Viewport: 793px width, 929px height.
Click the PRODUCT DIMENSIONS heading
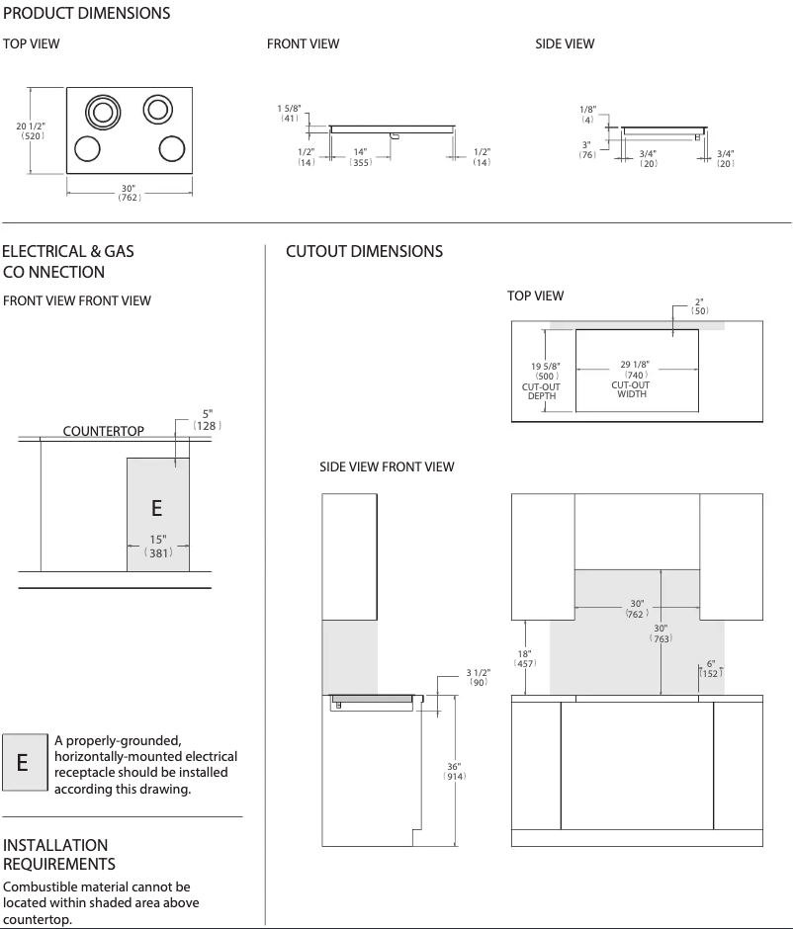click(86, 14)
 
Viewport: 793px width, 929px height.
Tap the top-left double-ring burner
click(100, 112)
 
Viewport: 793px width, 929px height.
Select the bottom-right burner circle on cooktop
click(172, 149)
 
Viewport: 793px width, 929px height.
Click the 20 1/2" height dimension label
click(31, 131)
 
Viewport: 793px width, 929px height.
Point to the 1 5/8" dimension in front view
click(290, 112)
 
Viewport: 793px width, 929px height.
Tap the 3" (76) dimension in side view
click(587, 149)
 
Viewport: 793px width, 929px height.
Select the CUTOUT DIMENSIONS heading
click(364, 252)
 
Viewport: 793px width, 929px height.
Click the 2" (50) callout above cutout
click(699, 305)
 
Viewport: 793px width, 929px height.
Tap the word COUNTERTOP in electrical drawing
click(103, 431)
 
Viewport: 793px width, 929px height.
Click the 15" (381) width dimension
click(157, 547)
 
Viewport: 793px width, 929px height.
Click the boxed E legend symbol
click(24, 762)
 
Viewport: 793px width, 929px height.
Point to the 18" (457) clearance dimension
click(524, 659)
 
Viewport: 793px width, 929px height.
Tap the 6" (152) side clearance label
click(710, 668)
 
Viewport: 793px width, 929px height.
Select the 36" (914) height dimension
click(454, 771)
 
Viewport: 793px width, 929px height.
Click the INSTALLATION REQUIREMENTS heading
click(59, 855)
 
